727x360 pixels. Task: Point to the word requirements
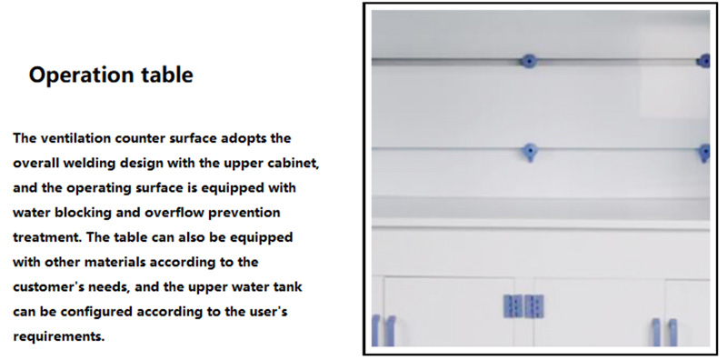58,336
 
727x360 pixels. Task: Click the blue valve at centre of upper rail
528,61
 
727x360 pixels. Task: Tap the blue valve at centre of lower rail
529,152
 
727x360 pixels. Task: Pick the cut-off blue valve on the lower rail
704,153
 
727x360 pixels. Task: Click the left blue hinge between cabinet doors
513,306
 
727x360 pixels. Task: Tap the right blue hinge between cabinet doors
534,306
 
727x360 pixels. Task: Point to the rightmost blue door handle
672,332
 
